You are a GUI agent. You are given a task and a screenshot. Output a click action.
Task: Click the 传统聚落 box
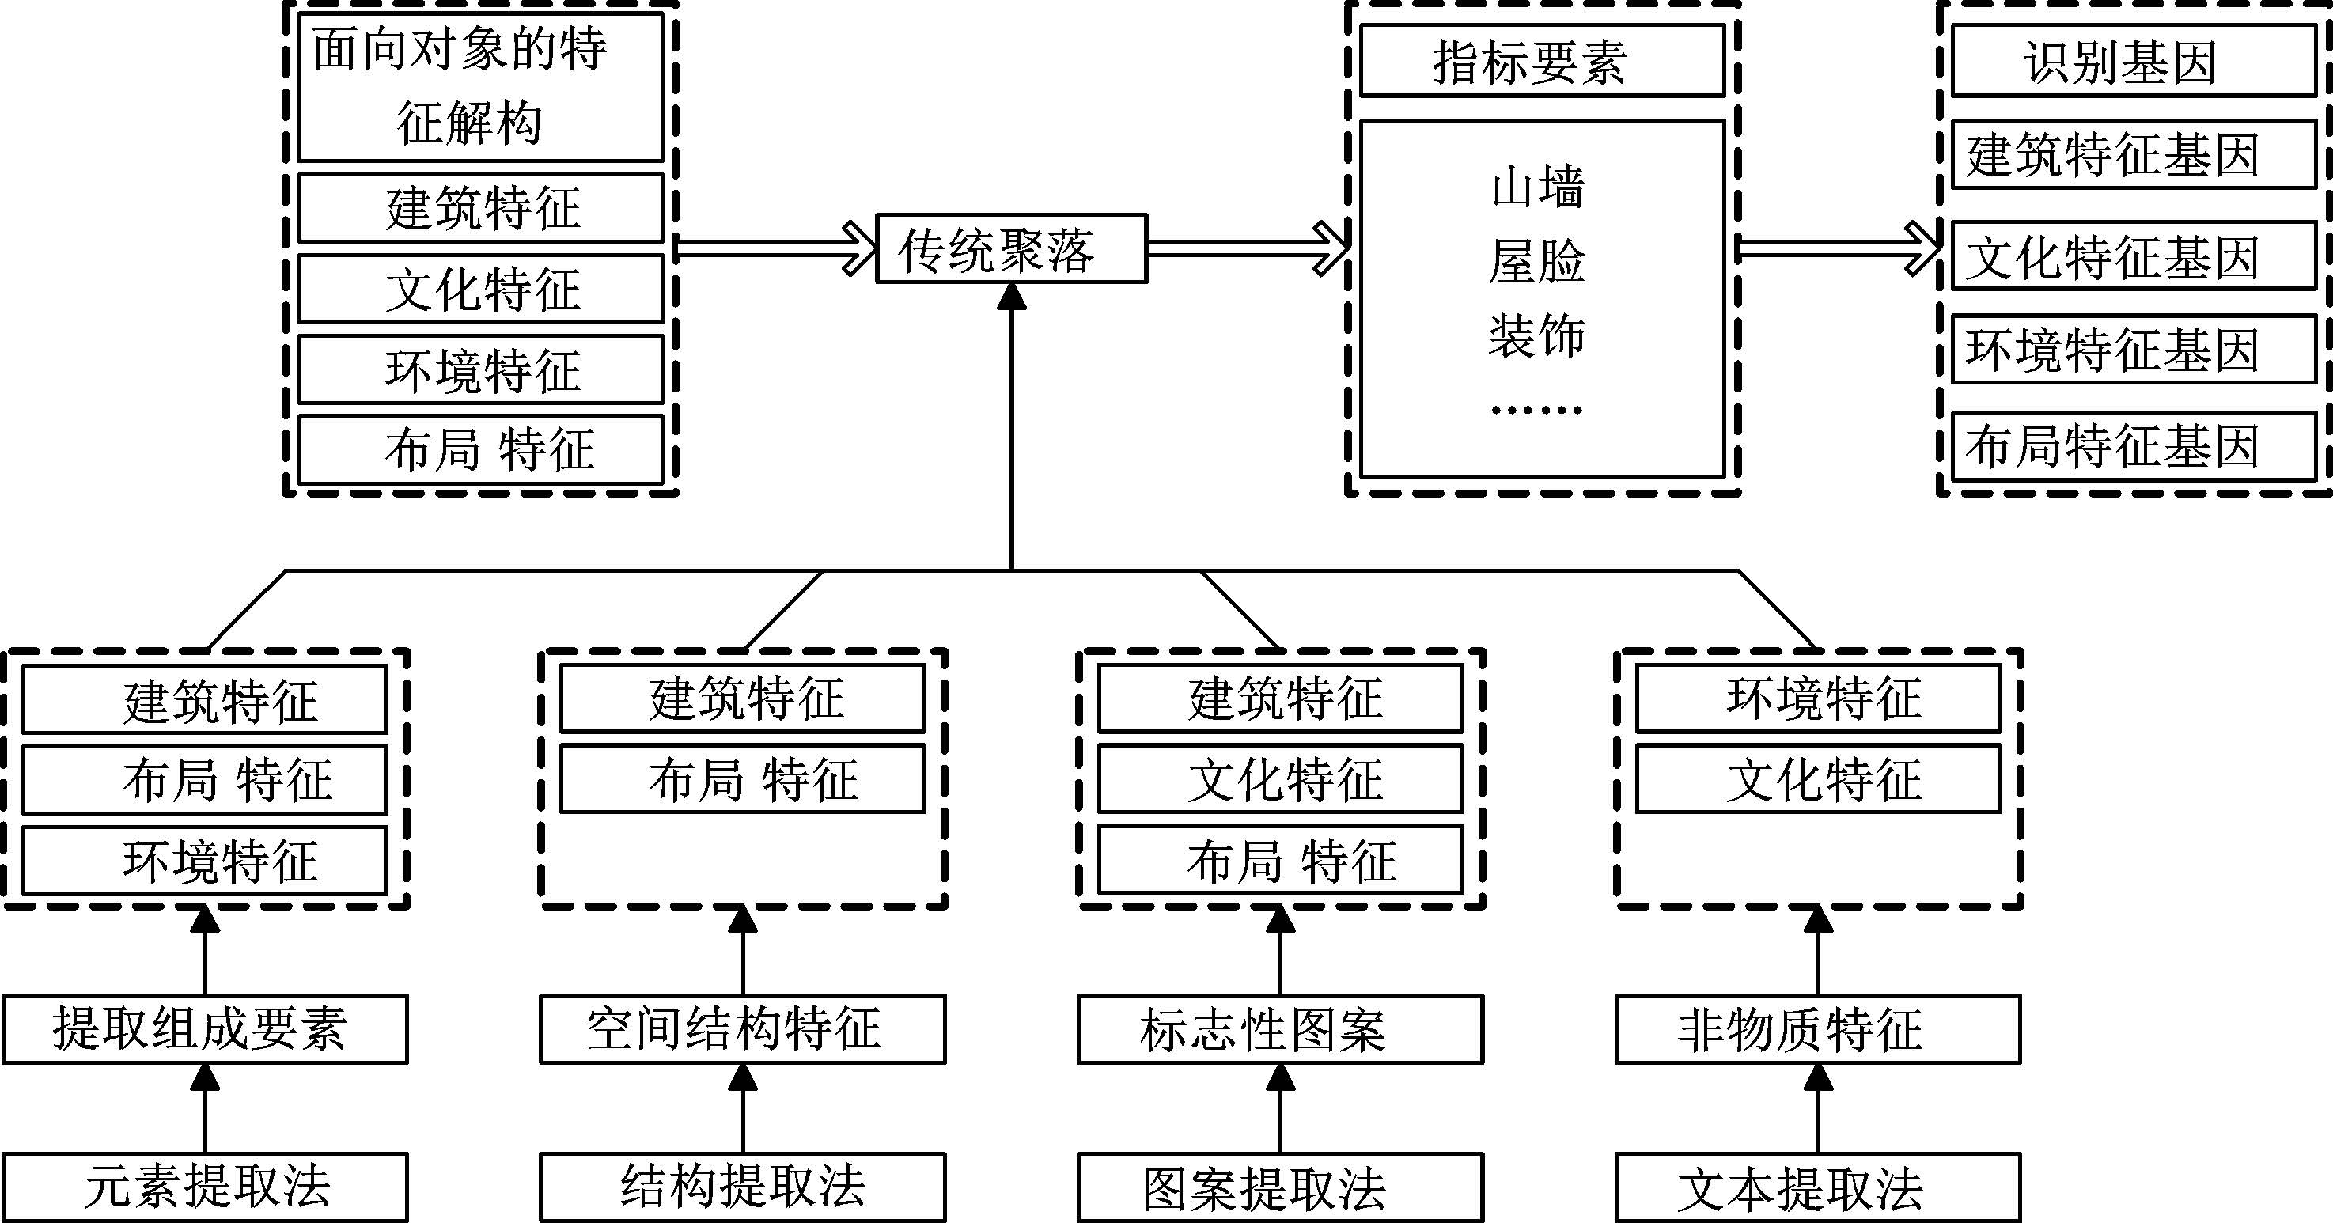(x=1011, y=248)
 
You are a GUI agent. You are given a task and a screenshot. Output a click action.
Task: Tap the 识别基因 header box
(x=2133, y=61)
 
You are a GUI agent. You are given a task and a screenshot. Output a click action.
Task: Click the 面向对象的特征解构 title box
(x=480, y=87)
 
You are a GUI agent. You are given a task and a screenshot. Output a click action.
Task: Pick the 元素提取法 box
(x=205, y=1187)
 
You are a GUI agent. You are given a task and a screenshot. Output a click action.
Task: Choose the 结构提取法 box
(x=743, y=1187)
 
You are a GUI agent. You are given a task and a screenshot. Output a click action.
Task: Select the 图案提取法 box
(x=1280, y=1187)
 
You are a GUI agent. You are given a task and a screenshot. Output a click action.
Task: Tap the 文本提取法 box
(x=1818, y=1187)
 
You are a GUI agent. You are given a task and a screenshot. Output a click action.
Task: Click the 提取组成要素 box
(x=205, y=1028)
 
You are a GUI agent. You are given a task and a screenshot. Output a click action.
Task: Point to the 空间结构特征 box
(x=743, y=1028)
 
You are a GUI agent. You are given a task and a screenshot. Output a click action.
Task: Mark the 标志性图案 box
(x=1280, y=1028)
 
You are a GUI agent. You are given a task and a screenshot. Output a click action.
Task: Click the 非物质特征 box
(x=1818, y=1028)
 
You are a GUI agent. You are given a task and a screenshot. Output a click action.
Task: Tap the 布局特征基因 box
(x=2133, y=445)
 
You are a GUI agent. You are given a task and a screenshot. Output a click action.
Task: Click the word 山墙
(x=1537, y=188)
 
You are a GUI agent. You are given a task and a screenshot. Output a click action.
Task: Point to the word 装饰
(x=1537, y=335)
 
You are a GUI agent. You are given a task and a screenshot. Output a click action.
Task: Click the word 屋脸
(x=1537, y=261)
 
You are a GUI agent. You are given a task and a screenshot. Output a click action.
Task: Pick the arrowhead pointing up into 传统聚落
(x=1012, y=295)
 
